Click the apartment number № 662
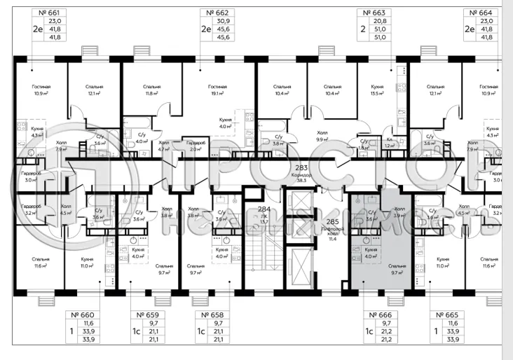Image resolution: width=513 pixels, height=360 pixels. [215, 13]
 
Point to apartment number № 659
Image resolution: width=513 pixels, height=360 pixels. [148, 314]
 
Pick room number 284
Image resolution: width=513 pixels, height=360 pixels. [264, 209]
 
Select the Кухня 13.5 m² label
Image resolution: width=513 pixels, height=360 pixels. [378, 90]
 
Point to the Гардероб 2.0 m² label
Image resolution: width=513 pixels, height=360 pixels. [196, 145]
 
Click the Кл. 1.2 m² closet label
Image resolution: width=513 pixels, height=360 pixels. [390, 143]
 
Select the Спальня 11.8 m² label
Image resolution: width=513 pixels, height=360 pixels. [153, 90]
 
